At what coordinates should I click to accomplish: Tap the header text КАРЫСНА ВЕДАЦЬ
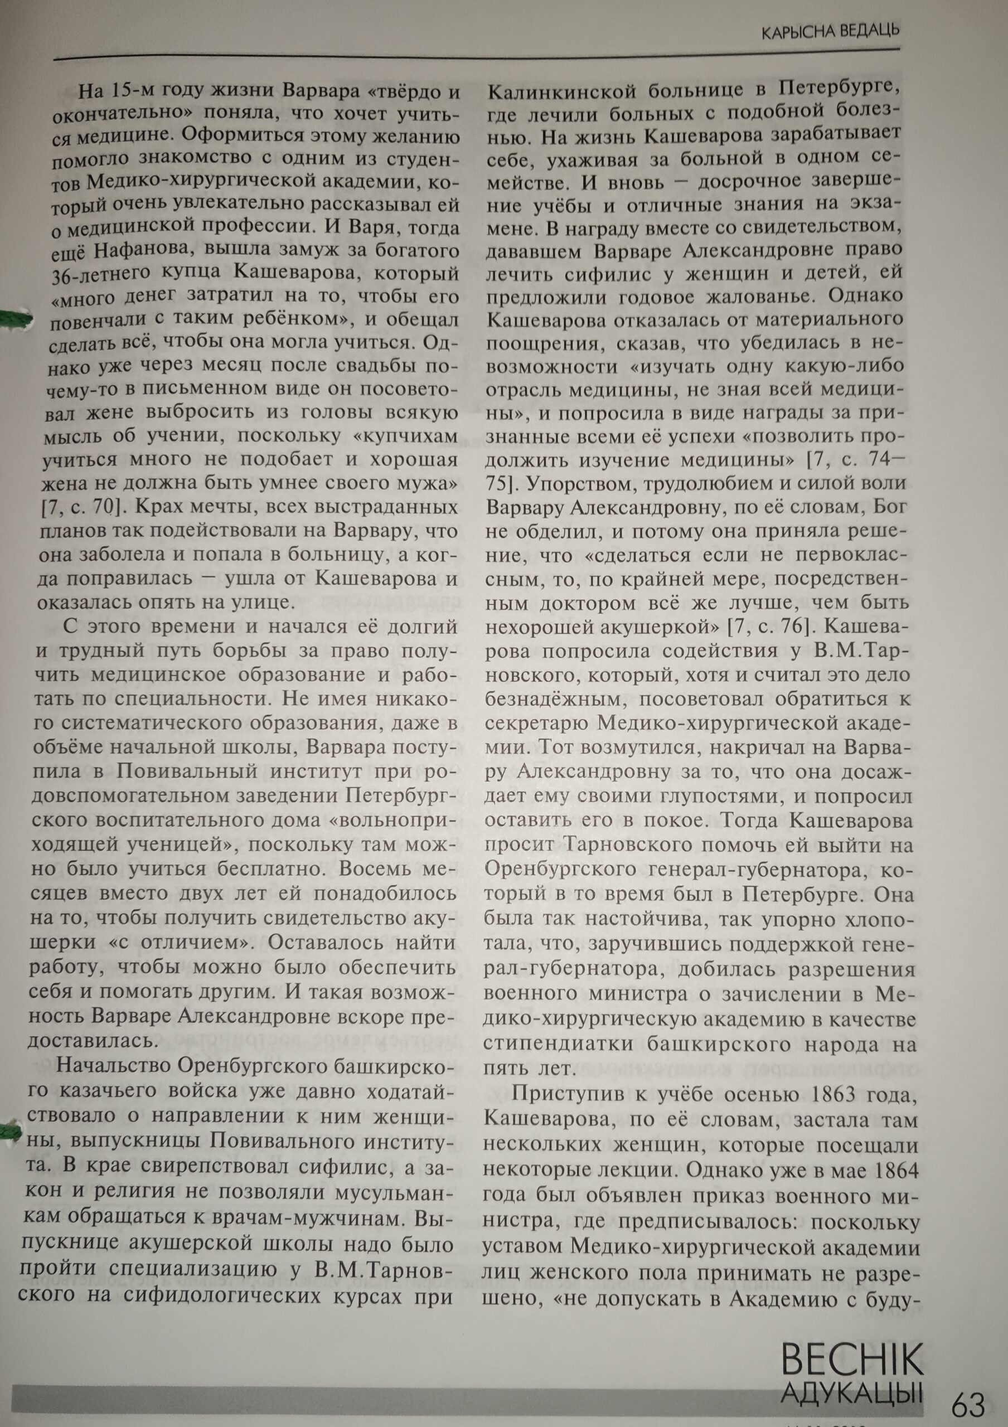click(x=831, y=31)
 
